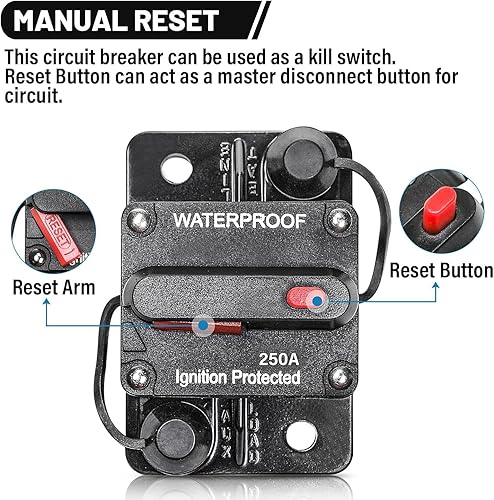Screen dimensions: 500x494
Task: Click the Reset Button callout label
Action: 440,270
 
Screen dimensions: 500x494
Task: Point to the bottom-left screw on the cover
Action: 141,376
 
